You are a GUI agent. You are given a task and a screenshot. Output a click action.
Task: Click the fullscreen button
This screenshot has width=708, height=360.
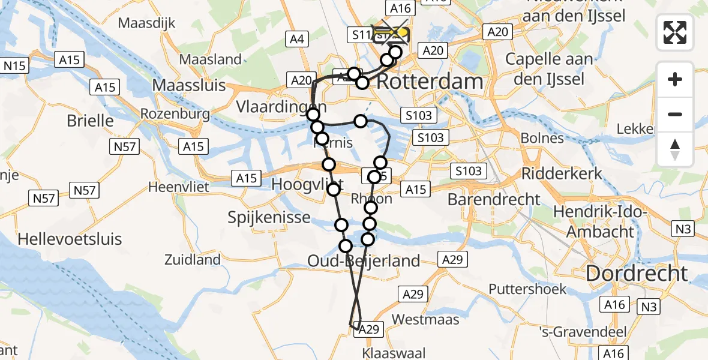[675, 32]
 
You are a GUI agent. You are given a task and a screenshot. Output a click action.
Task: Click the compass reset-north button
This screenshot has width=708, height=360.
[675, 149]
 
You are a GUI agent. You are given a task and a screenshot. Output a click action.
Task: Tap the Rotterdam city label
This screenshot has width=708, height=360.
[430, 82]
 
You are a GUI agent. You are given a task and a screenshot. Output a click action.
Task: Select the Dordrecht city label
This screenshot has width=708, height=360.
[637, 274]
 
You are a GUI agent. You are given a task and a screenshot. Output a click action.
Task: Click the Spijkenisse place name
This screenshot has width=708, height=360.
[269, 217]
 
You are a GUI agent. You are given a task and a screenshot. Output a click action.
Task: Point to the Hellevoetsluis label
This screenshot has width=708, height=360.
[70, 239]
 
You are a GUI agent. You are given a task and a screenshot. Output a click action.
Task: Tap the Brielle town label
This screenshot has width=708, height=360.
[90, 120]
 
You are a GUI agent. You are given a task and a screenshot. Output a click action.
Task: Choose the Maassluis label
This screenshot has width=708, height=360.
[189, 85]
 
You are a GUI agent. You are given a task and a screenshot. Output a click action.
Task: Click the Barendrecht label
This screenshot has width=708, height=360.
[494, 199]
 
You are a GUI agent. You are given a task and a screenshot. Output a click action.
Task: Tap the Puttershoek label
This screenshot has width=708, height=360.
[527, 289]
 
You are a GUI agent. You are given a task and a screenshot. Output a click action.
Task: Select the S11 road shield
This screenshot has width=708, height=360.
[362, 35]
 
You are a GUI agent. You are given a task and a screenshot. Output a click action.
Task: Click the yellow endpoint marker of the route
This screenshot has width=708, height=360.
[403, 33]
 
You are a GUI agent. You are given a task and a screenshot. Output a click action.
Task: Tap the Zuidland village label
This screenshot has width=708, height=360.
[193, 260]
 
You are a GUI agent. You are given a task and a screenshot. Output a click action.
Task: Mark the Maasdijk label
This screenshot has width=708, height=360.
[146, 23]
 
